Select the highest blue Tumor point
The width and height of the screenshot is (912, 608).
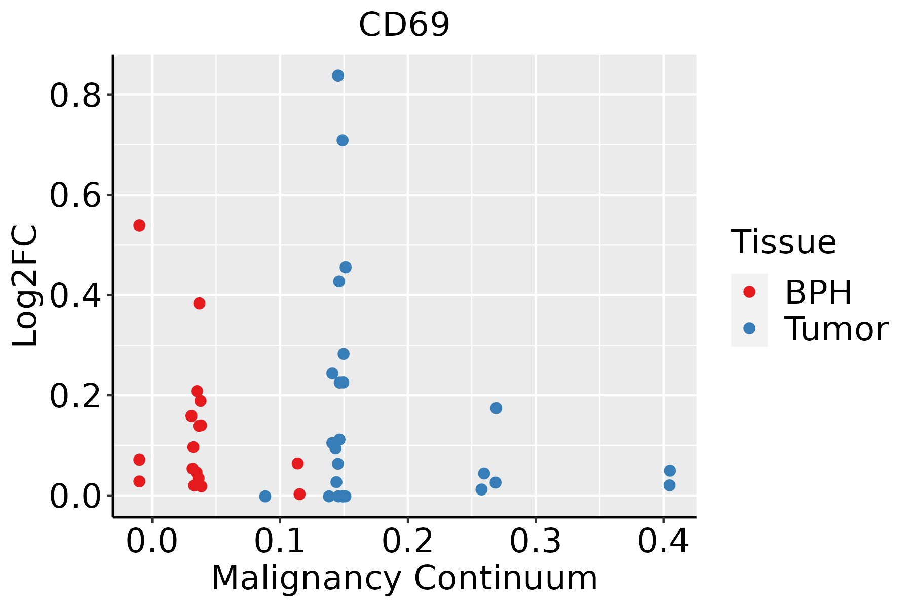coord(338,75)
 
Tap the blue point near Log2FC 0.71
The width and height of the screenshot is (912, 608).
coord(343,140)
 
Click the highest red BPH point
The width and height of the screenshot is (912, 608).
coord(139,225)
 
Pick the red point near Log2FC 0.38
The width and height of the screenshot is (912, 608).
coord(199,303)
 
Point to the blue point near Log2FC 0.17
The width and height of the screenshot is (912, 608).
coord(496,408)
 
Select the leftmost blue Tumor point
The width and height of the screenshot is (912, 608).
coord(265,496)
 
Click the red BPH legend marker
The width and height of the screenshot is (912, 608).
coord(749,292)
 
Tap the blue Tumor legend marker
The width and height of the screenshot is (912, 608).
coord(749,328)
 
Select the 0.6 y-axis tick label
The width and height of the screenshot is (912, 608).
coord(75,196)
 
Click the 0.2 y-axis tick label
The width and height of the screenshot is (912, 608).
coord(75,396)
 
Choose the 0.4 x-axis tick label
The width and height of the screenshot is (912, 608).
coord(663,541)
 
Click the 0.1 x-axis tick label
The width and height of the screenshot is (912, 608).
coord(280,541)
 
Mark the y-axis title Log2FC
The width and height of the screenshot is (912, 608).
coord(25,286)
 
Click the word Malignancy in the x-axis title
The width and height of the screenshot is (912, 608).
coord(306,578)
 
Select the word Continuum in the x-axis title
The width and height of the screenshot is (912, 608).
coord(505,578)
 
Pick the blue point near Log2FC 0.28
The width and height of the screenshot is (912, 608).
coord(344,354)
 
